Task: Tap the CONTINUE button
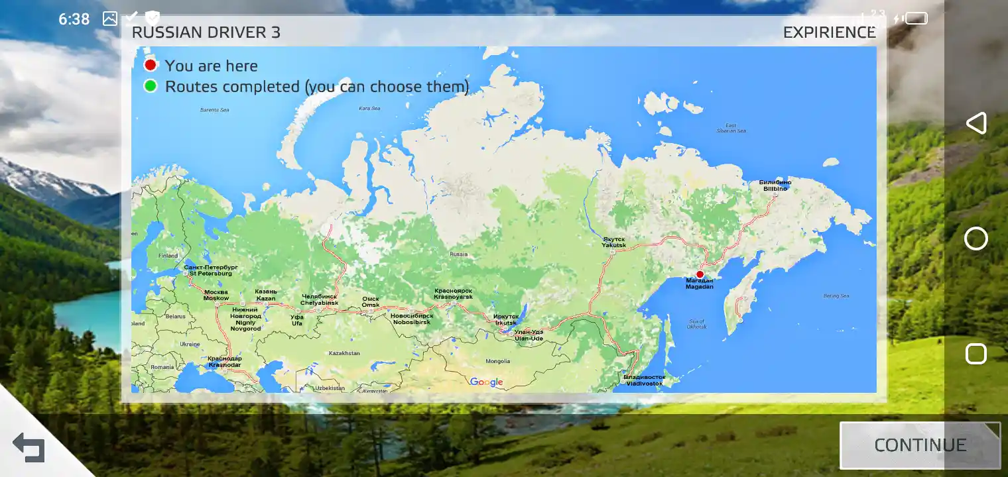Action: (920, 445)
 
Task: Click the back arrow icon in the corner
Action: (29, 448)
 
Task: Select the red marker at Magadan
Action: (700, 274)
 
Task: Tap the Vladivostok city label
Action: (644, 380)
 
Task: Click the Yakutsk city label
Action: (613, 242)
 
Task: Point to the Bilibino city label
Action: (775, 185)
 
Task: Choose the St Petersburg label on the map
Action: (210, 270)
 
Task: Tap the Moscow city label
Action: (216, 295)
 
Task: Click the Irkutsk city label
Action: (506, 319)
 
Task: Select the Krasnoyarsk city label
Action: (454, 293)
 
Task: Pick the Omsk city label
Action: (371, 302)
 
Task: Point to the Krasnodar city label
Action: (225, 362)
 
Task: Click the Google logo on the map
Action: (486, 382)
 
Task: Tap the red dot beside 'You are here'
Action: (151, 65)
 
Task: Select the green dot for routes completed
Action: (151, 85)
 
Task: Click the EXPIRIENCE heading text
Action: (829, 32)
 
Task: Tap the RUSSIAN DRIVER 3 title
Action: (206, 32)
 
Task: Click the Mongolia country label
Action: (498, 361)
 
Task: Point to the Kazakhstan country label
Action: (344, 353)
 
